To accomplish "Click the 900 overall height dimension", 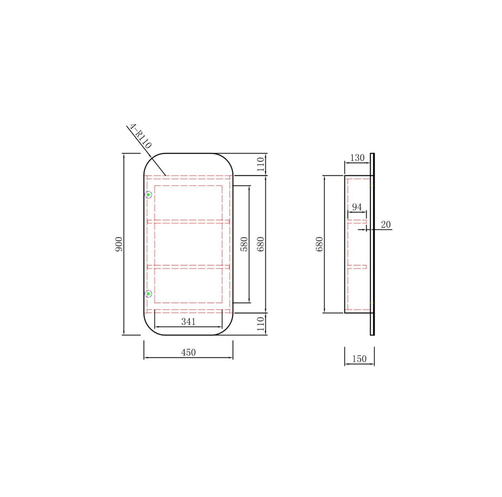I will click(119, 244).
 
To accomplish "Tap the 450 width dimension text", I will click(188, 353).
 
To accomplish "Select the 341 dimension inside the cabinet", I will click(188, 321).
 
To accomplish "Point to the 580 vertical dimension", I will click(244, 244).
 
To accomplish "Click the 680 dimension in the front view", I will click(261, 244).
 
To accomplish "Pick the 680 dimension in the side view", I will click(319, 244).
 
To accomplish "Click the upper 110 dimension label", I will click(261, 165).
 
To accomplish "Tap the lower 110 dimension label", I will click(261, 324).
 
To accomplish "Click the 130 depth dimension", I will click(357, 158).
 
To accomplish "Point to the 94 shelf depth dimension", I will click(356, 207).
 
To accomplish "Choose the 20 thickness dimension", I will click(385, 225).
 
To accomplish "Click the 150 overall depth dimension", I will click(359, 358).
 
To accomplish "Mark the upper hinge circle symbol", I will click(148, 194).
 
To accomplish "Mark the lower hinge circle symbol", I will click(148, 294).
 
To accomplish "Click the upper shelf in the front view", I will click(188, 222).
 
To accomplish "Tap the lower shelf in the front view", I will click(188, 267).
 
